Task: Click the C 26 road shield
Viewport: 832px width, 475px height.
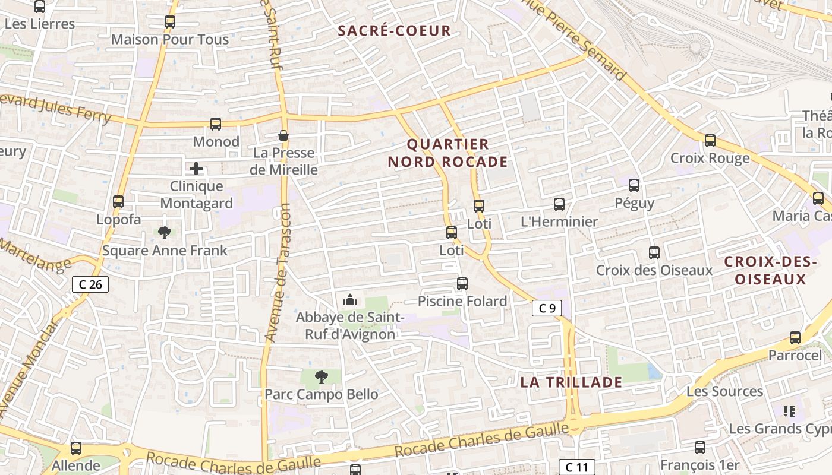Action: (90, 284)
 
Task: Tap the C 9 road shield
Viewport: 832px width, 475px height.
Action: (547, 308)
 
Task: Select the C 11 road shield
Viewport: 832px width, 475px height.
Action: (576, 467)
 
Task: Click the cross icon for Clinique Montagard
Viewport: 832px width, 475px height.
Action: (196, 169)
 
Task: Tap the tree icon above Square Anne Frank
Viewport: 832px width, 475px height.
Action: (165, 233)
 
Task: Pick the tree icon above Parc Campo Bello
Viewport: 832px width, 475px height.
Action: (321, 376)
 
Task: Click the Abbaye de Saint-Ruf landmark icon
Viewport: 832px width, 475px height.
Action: (350, 300)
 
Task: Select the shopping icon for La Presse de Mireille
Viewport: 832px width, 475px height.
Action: (284, 135)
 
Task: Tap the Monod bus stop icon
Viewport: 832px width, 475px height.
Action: (216, 124)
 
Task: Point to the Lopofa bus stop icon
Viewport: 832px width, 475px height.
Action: (118, 202)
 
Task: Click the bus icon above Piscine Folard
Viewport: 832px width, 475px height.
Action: (462, 284)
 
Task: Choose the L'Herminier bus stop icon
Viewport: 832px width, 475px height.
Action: (559, 204)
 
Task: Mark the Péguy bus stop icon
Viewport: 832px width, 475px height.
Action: (634, 185)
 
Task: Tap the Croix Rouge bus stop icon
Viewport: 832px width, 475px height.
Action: (710, 141)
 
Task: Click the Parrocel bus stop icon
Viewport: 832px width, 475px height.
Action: (795, 338)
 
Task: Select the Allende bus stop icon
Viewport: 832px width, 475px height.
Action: (76, 448)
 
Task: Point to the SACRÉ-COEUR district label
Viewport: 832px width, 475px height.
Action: (395, 31)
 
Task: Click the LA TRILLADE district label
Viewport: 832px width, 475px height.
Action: (571, 382)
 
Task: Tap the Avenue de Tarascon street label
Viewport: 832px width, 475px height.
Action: (278, 273)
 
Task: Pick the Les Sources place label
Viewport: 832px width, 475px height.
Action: (724, 391)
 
